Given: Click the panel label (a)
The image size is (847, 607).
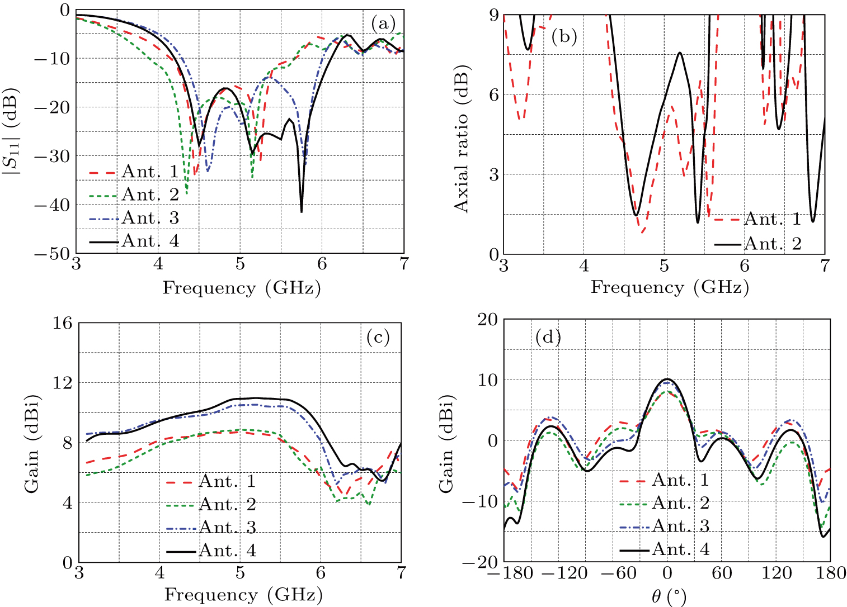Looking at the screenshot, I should (383, 23).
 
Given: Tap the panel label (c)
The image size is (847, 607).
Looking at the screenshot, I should (378, 337).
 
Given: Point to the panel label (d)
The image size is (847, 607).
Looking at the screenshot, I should (548, 337).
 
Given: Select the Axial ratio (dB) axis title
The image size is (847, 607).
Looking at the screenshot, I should (461, 139).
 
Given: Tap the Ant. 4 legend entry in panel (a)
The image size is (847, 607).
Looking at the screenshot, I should (150, 241).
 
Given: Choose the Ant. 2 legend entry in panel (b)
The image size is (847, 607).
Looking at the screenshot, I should (773, 244).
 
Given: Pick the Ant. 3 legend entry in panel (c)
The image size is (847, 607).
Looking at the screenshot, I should (227, 527).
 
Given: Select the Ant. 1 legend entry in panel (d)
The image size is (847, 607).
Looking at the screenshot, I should (680, 480).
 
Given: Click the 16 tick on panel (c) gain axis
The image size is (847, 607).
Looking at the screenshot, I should (63, 323).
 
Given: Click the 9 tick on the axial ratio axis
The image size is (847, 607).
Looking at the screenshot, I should (494, 15).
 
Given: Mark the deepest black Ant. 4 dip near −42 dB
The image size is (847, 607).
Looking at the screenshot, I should (302, 211).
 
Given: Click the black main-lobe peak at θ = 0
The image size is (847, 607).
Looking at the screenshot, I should (667, 379).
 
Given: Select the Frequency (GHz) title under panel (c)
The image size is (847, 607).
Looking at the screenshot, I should (243, 594).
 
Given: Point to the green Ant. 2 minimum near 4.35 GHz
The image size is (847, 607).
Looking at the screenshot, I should (186, 193).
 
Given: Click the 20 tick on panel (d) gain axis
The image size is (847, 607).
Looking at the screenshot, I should (487, 319).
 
